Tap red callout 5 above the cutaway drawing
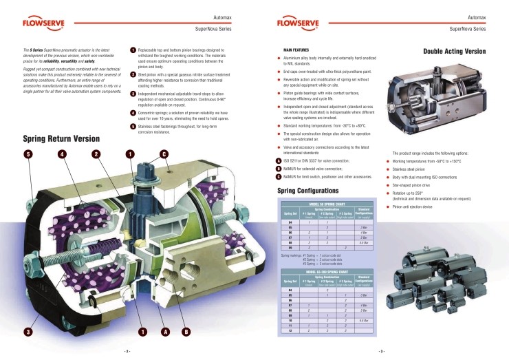(x=28, y=153)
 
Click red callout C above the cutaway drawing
(x=164, y=153)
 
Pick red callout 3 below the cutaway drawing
(x=28, y=332)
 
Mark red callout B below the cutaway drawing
(x=186, y=332)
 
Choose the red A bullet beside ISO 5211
(x=278, y=160)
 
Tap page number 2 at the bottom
(x=127, y=351)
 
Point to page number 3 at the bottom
(x=382, y=351)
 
